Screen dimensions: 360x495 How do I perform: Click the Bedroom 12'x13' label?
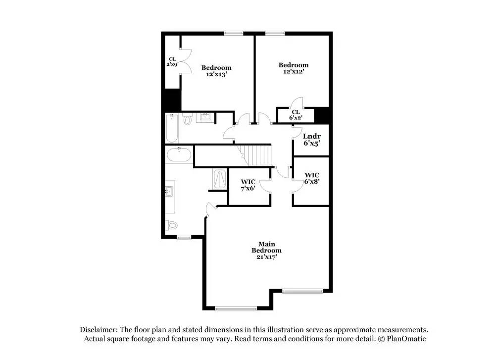click(x=216, y=71)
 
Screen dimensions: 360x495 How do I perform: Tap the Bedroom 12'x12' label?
click(x=294, y=68)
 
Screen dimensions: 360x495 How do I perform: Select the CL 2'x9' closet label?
click(x=172, y=61)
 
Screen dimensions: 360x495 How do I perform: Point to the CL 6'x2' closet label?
click(x=296, y=115)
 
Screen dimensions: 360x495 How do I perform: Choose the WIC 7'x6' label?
click(x=247, y=185)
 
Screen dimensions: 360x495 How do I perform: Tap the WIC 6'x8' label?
click(x=312, y=178)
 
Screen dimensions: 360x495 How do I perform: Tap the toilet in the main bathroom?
click(x=172, y=225)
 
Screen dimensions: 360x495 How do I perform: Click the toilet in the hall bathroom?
click(x=187, y=119)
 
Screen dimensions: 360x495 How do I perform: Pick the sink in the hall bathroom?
click(x=204, y=117)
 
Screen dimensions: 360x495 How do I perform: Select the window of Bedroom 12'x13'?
click(x=231, y=33)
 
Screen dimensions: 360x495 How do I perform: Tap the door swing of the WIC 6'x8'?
click(x=297, y=185)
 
